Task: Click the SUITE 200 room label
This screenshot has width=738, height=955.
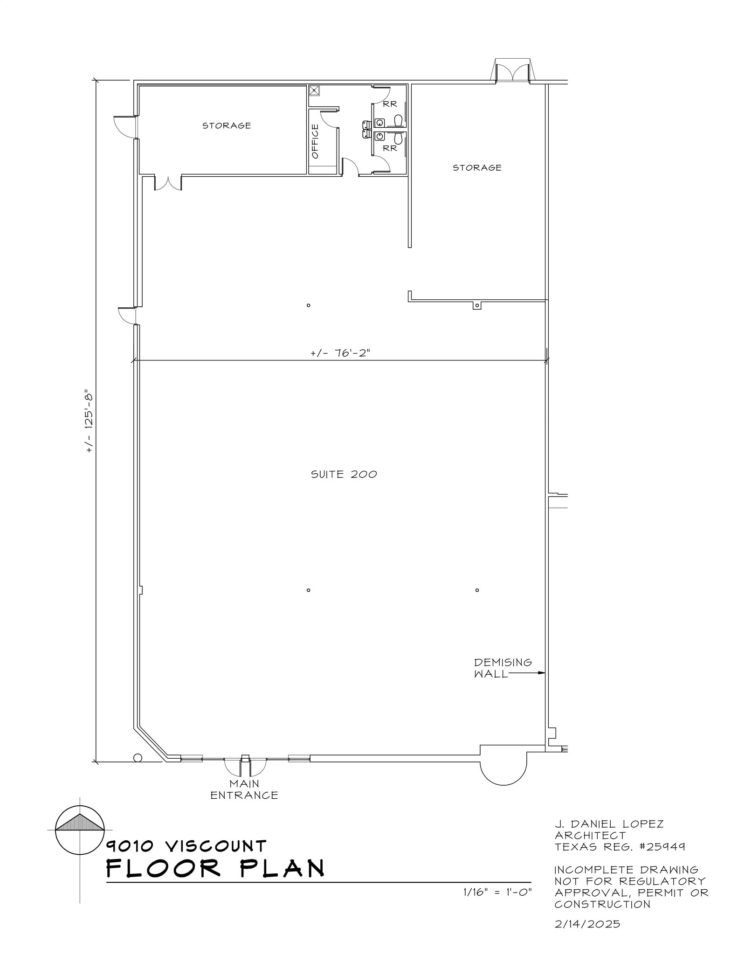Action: (344, 474)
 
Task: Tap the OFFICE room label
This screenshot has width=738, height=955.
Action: (315, 141)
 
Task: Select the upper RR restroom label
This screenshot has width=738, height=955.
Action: (390, 104)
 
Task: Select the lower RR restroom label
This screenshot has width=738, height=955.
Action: (390, 148)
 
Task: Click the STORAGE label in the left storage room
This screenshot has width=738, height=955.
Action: (227, 125)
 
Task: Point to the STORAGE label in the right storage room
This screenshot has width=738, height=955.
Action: (477, 167)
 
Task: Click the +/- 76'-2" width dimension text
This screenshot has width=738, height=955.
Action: (340, 353)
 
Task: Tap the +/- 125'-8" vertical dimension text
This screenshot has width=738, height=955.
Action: (90, 421)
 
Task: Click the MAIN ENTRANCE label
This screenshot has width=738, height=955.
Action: (244, 789)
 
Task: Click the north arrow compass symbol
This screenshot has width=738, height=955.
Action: (80, 830)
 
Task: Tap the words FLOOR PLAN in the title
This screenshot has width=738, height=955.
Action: (215, 869)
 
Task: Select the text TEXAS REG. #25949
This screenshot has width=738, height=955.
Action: (620, 847)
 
